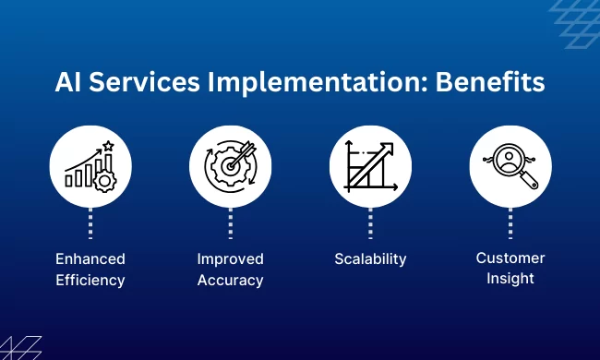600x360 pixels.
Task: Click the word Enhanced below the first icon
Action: [90, 258]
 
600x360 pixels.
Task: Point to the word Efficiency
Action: [90, 280]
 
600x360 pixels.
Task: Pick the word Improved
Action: [231, 258]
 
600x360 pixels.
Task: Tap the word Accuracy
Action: [231, 280]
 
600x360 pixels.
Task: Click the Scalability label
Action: [370, 259]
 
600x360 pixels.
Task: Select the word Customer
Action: [510, 258]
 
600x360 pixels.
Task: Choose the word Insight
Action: [510, 279]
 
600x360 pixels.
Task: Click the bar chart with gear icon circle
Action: [90, 165]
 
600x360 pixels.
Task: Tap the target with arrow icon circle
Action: [231, 165]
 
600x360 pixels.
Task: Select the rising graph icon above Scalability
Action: [370, 165]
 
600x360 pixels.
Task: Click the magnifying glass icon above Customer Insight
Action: [510, 165]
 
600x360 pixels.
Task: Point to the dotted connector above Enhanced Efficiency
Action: [90, 223]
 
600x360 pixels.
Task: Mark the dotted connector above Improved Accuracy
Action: [231, 223]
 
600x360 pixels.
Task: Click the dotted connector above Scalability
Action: [370, 223]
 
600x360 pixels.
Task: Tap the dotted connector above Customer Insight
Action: [510, 223]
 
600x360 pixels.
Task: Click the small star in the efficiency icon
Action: [108, 145]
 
